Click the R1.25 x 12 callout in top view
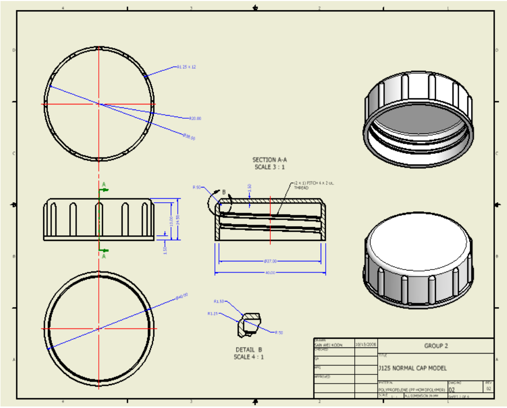coord(186,67)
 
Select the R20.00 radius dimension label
coord(195,118)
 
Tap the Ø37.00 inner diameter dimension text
coord(270,261)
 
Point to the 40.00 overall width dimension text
coord(270,273)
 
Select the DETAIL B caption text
coord(248,350)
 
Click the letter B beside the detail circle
coord(223,193)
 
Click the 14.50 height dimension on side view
coord(178,220)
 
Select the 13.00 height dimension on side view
coord(171,221)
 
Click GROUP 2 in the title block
coord(436,346)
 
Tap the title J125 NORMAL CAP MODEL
coord(412,368)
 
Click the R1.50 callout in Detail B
coord(219,301)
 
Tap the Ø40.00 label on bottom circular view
coord(182,295)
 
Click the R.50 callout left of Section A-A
coord(196,187)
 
